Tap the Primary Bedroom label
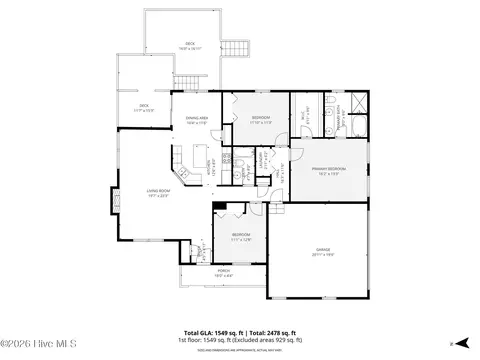(x=332, y=171)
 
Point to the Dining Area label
(x=196, y=121)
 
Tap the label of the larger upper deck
(x=189, y=45)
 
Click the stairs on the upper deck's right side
(x=237, y=49)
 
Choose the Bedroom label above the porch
(x=240, y=238)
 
